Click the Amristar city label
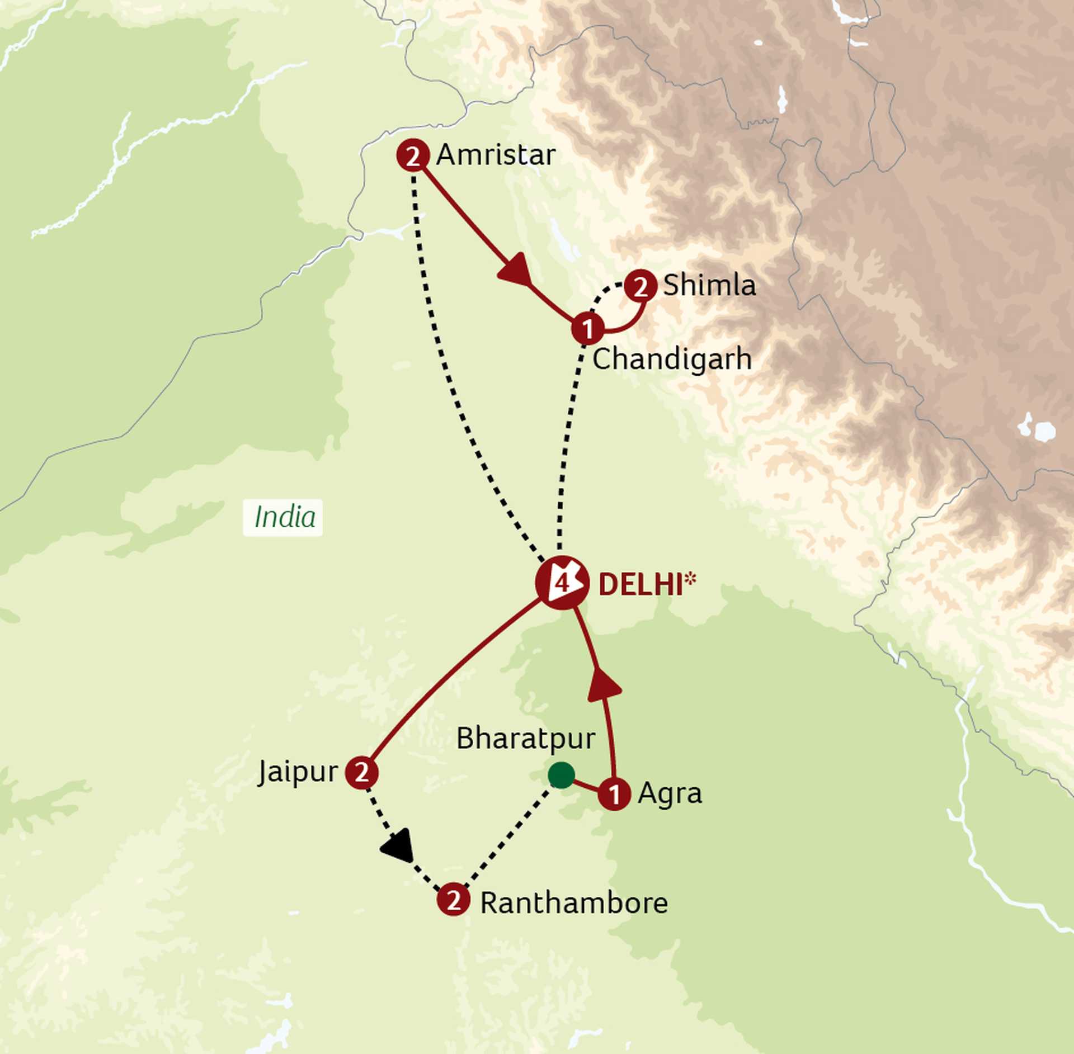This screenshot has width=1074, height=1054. tap(496, 155)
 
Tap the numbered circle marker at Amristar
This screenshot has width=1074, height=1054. tap(413, 155)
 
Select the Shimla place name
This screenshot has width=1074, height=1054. tap(709, 286)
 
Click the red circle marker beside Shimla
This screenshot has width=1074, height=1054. tap(640, 286)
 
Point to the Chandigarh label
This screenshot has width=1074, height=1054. tap(672, 359)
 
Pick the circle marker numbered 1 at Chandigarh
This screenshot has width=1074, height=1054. tap(587, 329)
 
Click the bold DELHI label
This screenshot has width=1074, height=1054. tap(640, 585)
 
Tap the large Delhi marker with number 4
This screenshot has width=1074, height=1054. tap(562, 583)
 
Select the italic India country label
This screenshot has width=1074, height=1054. tap(284, 517)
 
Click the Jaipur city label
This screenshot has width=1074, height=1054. tap(298, 772)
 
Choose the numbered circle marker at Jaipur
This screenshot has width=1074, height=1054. tap(361, 773)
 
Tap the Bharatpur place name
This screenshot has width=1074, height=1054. tap(526, 739)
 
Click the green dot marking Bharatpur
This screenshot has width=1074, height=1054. tap(561, 774)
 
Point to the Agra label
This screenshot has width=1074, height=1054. tap(670, 793)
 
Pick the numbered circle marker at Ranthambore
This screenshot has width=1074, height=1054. tap(453, 900)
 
